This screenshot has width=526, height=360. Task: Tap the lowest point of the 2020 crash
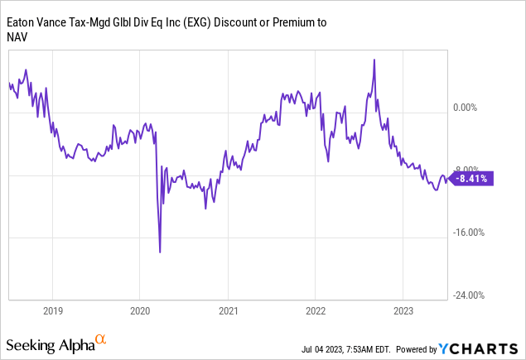tap(160, 252)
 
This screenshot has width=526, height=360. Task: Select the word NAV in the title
tap(17, 37)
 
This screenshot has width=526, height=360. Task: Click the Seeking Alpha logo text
tap(49, 343)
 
